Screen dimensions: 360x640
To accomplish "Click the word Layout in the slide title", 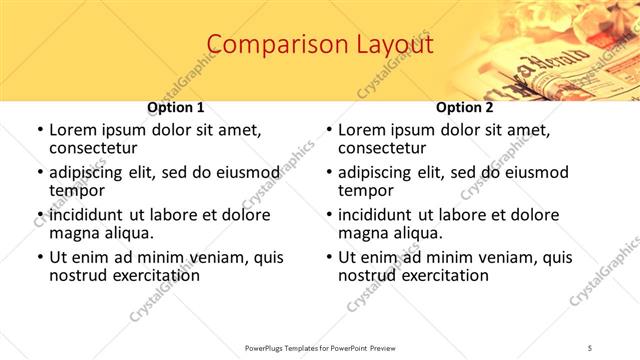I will [393, 45].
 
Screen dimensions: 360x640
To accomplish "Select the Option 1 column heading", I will [176, 107].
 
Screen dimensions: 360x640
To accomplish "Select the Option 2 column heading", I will [465, 107].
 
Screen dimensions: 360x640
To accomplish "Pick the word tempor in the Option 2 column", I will [361, 191].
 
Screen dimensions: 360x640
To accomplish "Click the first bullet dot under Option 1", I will [39, 131].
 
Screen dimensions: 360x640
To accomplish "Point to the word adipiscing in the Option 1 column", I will [88, 173].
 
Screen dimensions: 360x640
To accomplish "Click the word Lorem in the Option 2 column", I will [361, 131].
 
